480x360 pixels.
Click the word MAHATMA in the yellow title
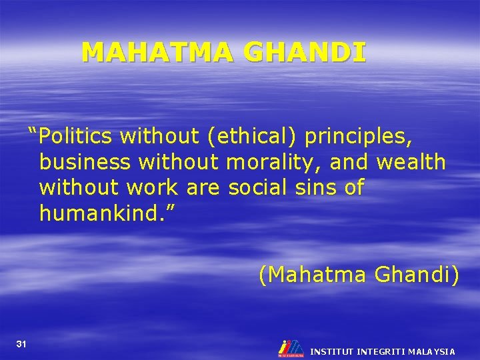point(158,52)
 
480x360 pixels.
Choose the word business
point(85,162)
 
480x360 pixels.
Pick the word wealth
point(411,162)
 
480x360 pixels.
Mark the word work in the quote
point(151,188)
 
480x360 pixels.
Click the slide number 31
point(21,344)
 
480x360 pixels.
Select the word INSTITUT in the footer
point(332,351)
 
